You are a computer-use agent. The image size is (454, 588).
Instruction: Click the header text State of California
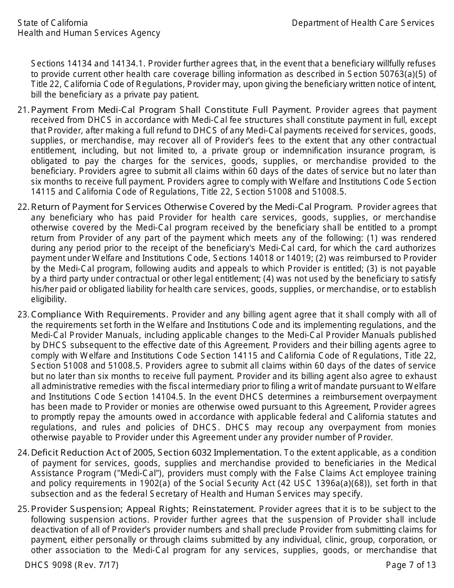[53, 23]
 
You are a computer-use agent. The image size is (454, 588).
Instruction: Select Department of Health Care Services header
[363, 23]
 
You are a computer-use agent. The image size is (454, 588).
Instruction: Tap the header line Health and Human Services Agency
[89, 33]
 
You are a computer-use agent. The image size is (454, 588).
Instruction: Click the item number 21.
[23, 110]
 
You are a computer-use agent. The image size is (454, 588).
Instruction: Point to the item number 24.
[23, 452]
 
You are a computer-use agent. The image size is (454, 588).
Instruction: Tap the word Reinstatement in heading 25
[224, 509]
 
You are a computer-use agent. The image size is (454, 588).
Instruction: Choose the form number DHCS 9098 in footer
[49, 565]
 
